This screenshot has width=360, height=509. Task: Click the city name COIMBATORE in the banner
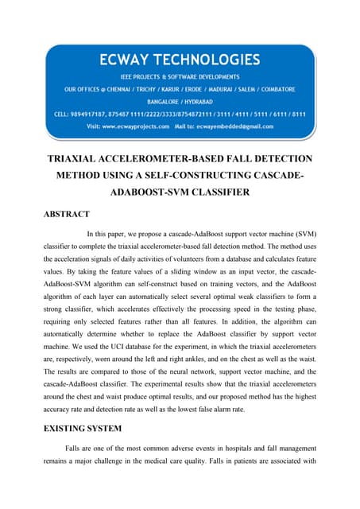tap(272, 88)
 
